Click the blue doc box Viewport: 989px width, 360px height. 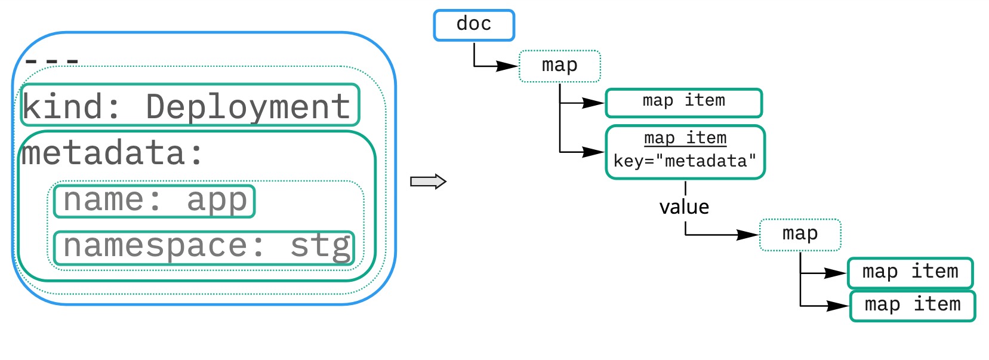tap(473, 25)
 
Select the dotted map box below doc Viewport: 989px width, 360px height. tap(559, 66)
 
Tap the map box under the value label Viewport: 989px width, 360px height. tap(800, 235)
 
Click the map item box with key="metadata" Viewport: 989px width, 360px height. tap(685, 152)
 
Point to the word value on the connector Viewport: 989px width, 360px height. tap(684, 207)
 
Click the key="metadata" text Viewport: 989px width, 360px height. tap(685, 161)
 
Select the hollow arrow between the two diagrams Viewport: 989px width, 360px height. tap(428, 181)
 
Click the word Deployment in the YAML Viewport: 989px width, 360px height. tap(248, 107)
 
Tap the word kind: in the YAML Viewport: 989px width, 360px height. tap(71, 107)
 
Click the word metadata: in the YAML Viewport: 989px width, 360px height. tap(112, 153)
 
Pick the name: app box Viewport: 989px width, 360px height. tap(154, 201)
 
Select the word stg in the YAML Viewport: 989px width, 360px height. tap(321, 247)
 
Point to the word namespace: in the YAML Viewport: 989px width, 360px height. tap(164, 247)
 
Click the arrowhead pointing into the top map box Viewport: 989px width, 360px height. tap(508, 66)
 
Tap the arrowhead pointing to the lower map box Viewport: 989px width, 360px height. tap(748, 235)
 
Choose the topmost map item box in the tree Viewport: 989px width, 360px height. tap(683, 103)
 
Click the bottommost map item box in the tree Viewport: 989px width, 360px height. tap(912, 306)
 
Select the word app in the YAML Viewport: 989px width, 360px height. tap(217, 201)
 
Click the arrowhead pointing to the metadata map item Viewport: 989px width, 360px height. tap(594, 152)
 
